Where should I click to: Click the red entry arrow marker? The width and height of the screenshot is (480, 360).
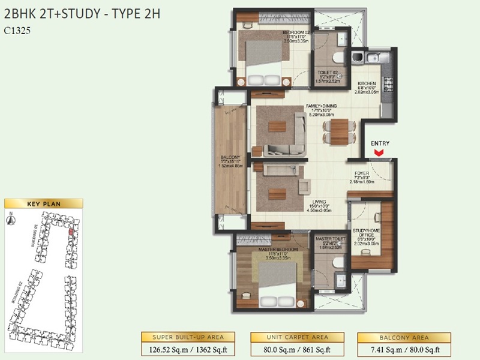379,154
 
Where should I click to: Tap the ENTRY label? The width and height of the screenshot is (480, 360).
380,143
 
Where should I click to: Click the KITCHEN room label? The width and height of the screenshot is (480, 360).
367,84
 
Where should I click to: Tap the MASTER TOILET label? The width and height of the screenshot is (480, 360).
328,239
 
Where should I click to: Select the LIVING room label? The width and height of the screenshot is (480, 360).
327,202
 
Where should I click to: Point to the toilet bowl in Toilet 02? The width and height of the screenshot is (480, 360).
338,58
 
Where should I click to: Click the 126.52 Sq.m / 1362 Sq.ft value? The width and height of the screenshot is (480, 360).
187,348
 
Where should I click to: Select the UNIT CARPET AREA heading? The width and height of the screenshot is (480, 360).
297,337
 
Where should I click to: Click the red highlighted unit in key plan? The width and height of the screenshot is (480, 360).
71,231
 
